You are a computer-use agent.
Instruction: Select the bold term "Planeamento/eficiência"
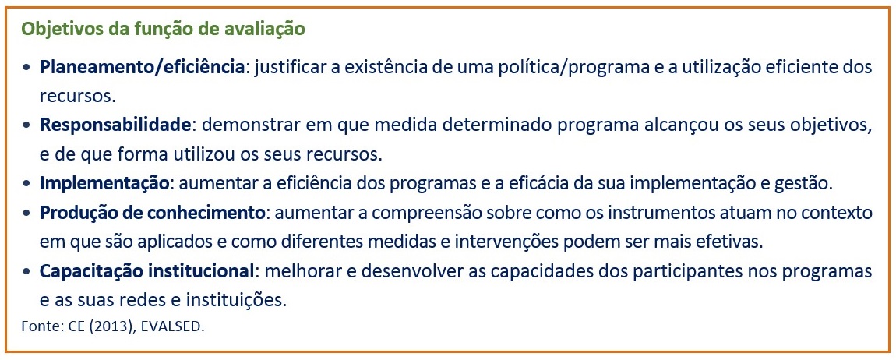click(143, 67)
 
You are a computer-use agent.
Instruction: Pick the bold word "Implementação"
click(104, 183)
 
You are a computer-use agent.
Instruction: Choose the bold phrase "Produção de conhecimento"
click(153, 213)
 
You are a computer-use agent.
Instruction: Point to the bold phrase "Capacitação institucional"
click(146, 271)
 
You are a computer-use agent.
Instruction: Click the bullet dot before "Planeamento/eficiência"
click(26, 68)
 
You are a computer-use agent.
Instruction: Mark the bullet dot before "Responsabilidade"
click(26, 126)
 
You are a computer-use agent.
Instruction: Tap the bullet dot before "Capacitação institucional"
click(26, 272)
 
